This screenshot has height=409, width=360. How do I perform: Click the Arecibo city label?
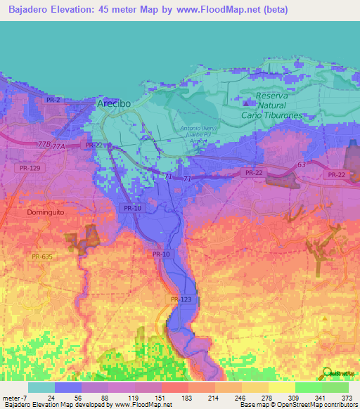(112, 103)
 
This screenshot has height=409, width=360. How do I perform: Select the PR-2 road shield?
(53, 100)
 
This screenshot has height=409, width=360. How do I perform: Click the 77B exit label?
(44, 143)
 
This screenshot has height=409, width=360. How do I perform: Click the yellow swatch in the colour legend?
(281, 387)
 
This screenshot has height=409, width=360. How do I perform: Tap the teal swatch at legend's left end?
(41, 387)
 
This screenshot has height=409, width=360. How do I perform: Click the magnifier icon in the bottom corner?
(328, 373)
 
